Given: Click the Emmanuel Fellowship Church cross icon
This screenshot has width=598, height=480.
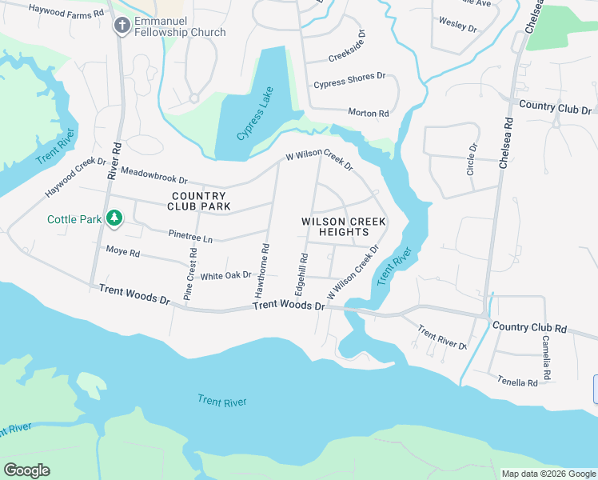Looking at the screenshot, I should (x=122, y=26).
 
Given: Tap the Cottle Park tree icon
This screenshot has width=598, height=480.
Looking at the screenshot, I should (x=114, y=218).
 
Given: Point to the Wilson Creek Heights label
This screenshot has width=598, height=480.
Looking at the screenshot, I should (x=343, y=226).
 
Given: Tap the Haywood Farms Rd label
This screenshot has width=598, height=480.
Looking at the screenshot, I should (x=66, y=11).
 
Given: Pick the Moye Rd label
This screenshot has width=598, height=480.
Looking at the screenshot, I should (x=123, y=253).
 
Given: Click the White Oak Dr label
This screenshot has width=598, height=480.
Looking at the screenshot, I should (x=225, y=276).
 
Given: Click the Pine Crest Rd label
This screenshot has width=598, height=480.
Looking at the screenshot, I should (x=190, y=274).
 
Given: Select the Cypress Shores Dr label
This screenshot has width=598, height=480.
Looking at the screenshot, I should (x=349, y=81).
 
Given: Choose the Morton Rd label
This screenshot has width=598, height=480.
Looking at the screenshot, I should (x=368, y=114).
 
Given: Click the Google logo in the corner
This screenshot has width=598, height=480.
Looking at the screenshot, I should (x=26, y=470).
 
